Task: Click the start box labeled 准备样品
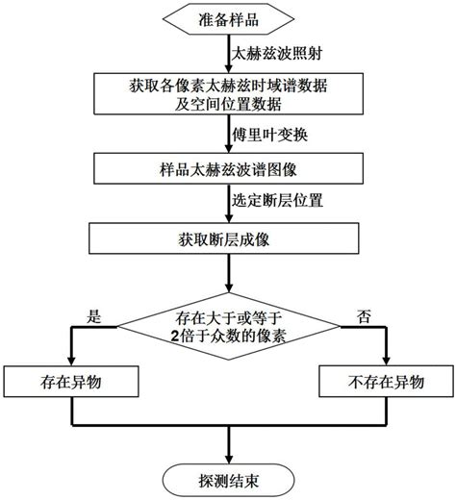[228, 17]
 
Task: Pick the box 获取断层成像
[228, 237]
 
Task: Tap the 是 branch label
[93, 314]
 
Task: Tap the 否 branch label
[361, 314]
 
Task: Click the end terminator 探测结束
[228, 477]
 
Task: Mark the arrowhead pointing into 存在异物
[69, 362]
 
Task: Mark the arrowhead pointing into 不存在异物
[385, 362]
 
